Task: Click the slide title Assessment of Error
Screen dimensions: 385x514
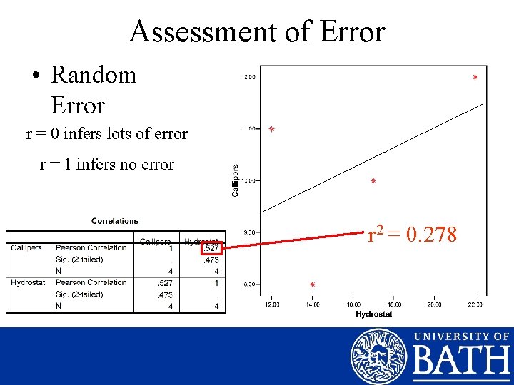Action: tap(257, 32)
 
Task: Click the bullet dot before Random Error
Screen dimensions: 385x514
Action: tap(36, 76)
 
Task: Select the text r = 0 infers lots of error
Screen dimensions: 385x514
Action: tap(106, 133)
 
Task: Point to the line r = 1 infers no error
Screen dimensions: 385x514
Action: tap(106, 165)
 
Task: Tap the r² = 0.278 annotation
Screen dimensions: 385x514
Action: tap(412, 234)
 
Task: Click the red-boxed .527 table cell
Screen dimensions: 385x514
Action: tap(211, 248)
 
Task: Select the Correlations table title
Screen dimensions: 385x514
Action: tap(115, 221)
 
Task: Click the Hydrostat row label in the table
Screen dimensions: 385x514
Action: tap(28, 283)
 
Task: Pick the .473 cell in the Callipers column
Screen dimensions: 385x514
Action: tap(165, 294)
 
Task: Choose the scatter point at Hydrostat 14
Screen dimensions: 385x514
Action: tap(312, 284)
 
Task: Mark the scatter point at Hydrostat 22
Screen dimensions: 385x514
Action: tap(475, 77)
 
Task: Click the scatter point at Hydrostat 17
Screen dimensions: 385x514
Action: tap(373, 181)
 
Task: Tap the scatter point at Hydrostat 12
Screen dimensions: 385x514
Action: tap(271, 129)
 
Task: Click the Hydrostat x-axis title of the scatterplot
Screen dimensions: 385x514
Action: tap(373, 314)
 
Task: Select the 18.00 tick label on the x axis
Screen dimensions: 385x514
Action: tap(393, 304)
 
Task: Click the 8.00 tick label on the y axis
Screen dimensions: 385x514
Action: tap(250, 284)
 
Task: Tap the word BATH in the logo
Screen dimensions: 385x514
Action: tap(461, 361)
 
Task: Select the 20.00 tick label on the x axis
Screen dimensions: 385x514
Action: tap(434, 304)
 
